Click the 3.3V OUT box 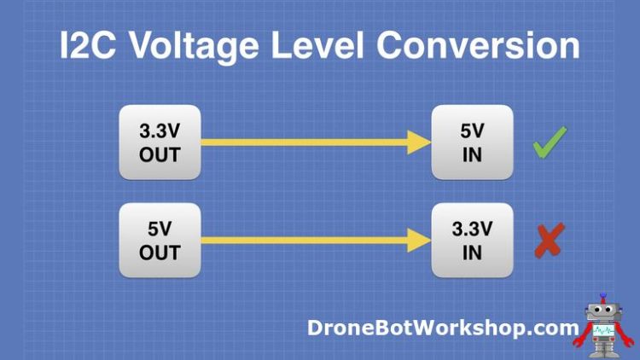(160, 142)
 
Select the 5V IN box (471, 142)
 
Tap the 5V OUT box (160, 240)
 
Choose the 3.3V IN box (471, 240)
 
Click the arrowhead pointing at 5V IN (419, 142)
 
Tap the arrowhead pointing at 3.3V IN (419, 240)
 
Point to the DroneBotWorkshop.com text (442, 327)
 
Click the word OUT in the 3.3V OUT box (160, 155)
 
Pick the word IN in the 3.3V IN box (471, 253)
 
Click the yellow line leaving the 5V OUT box (299, 240)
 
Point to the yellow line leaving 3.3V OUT (299, 142)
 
